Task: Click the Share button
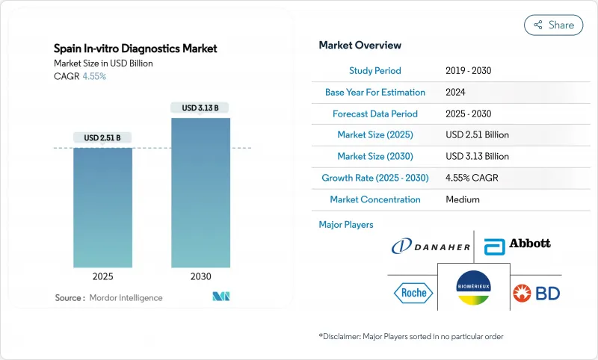[554, 25]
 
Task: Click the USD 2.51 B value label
[102, 137]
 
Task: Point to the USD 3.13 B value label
[200, 108]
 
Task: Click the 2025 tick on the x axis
[102, 276]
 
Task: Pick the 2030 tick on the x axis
[200, 276]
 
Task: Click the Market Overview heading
[360, 46]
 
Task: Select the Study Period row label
[374, 71]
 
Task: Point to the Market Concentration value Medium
[462, 199]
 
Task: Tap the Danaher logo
[431, 245]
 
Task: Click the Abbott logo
[517, 244]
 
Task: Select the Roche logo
[411, 292]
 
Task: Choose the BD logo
[537, 293]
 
